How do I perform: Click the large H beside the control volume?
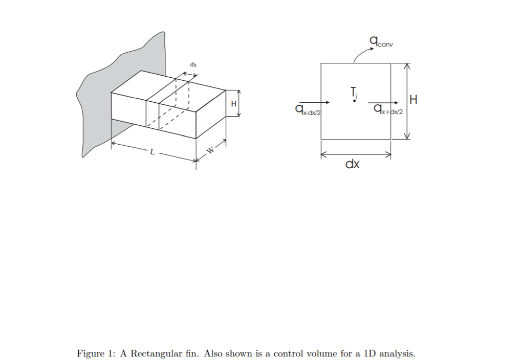pos(413,100)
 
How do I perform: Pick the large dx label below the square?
pos(353,165)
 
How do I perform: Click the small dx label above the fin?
pos(193,65)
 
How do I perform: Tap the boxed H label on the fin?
pos(234,104)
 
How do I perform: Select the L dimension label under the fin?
pos(151,152)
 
